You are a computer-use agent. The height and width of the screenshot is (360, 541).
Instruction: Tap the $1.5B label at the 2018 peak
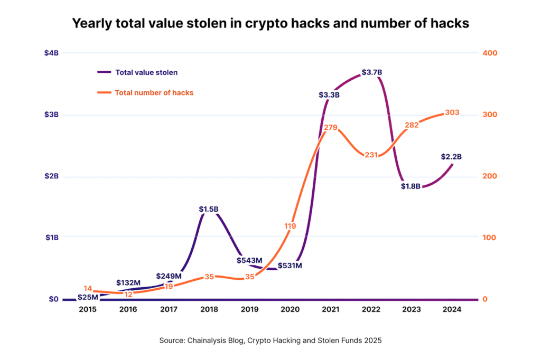[209, 209]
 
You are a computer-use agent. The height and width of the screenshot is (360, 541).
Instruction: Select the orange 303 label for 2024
[452, 112]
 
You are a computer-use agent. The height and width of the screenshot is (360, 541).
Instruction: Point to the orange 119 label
[290, 226]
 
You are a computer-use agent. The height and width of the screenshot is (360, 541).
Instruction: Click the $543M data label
[250, 260]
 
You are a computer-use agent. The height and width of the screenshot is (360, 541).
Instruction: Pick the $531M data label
[290, 266]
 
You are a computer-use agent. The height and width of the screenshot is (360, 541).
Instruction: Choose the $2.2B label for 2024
[451, 157]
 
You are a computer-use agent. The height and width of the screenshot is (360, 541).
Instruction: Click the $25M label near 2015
[88, 297]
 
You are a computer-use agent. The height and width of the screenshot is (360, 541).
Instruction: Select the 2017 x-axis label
[169, 310]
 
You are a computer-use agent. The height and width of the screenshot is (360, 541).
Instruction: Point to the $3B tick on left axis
[51, 115]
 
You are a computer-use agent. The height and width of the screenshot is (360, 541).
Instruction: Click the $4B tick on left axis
[51, 53]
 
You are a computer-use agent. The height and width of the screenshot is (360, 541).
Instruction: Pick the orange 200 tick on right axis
[489, 176]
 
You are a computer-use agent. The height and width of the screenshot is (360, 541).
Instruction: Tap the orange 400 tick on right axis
[489, 53]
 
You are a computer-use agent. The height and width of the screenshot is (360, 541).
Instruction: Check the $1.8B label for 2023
[410, 186]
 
